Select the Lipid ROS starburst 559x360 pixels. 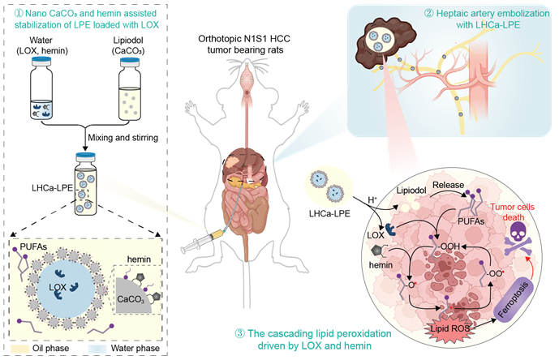click(x=450, y=328)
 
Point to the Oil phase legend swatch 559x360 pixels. click(x=19, y=348)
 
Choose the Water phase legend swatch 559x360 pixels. click(x=97, y=348)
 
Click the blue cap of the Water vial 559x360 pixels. click(x=41, y=62)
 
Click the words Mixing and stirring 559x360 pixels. click(x=123, y=138)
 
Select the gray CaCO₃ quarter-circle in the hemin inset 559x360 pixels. click(x=131, y=298)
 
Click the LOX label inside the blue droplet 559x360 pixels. click(x=58, y=287)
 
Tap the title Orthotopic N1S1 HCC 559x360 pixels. click(x=244, y=38)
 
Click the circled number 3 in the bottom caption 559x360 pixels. click(x=239, y=333)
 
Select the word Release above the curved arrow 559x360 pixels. click(x=448, y=185)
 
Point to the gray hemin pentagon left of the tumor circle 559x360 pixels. click(x=377, y=251)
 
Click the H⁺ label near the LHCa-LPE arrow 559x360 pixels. click(x=372, y=200)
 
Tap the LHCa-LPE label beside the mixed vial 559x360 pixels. click(x=52, y=188)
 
